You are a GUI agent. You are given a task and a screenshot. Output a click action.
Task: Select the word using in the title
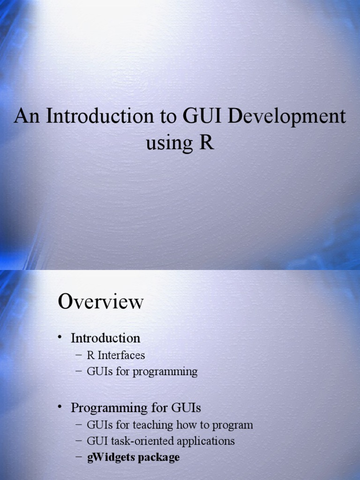click(x=168, y=142)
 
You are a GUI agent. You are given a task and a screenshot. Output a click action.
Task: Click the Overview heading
click(x=100, y=301)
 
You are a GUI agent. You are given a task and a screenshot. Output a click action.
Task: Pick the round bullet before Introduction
click(x=60, y=337)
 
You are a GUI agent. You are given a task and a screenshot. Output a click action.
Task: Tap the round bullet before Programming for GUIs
click(x=60, y=408)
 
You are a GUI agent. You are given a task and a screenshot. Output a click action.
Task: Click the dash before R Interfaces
click(x=78, y=355)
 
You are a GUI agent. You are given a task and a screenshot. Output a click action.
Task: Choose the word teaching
click(x=154, y=425)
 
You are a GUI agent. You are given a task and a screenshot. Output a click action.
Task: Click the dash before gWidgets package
click(x=78, y=457)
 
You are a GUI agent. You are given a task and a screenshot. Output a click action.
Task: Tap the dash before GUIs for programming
click(x=78, y=372)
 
